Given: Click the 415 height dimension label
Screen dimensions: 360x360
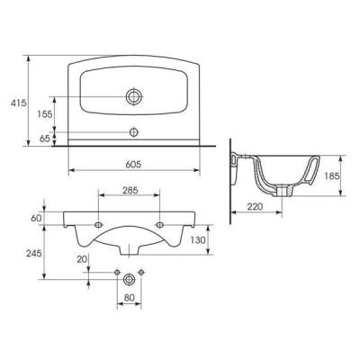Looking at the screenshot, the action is click(x=19, y=103).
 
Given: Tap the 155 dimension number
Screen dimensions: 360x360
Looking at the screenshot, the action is click(x=45, y=114).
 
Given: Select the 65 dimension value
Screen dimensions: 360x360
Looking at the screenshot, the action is click(x=44, y=139).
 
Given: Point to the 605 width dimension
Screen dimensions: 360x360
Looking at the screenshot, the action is click(x=133, y=164).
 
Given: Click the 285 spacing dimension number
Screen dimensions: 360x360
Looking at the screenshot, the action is click(x=130, y=190).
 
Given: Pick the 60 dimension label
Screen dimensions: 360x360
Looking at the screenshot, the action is click(x=36, y=218).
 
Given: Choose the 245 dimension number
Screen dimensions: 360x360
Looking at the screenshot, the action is click(x=33, y=254).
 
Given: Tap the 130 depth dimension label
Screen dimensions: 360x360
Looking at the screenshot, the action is click(x=198, y=240).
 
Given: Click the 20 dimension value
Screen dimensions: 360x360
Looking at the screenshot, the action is click(x=82, y=259).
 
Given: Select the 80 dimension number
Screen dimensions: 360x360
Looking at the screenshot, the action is click(x=129, y=298).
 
